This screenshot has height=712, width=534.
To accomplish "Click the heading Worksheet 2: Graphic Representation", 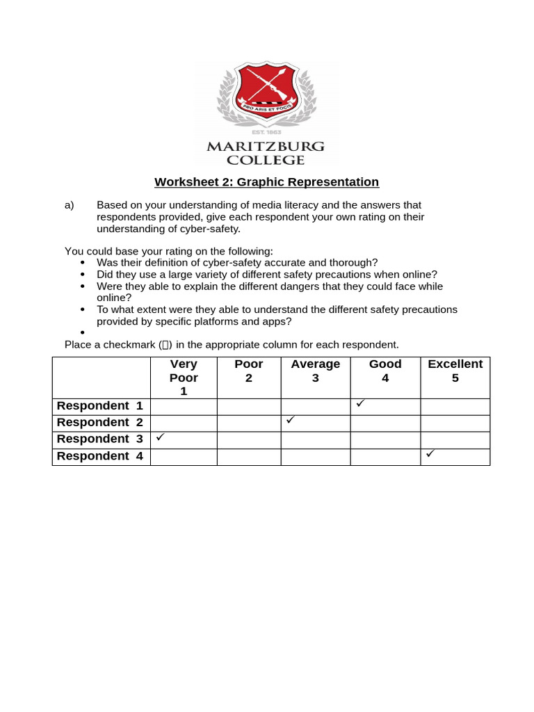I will tap(266, 182).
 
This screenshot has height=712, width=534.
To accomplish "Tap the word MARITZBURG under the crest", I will tap(266, 147).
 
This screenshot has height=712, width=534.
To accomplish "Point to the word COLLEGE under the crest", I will tap(266, 161).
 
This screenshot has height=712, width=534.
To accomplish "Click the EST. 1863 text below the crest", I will tap(266, 131).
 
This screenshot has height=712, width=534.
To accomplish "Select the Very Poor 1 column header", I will tap(184, 378).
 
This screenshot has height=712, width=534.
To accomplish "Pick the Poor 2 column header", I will tap(249, 371).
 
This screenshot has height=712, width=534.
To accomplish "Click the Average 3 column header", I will tap(316, 371).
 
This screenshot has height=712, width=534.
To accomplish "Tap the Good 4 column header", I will tap(385, 371).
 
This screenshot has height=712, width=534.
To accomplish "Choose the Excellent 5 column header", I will tap(455, 371).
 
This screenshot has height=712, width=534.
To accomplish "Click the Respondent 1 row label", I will tap(99, 406).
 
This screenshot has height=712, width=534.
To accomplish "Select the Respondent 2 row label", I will tap(99, 423).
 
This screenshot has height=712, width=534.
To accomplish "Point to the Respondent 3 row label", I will tap(99, 439).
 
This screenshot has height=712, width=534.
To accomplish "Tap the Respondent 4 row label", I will tap(99, 456).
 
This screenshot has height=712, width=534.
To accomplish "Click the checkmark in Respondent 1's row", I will tap(360, 403).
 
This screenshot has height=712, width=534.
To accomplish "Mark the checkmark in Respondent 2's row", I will tap(291, 420).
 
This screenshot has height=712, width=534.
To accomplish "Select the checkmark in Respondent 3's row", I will tap(160, 437).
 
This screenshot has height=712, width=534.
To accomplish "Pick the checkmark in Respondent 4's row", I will tap(430, 453).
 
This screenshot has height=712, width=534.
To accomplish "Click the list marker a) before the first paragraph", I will tap(70, 205).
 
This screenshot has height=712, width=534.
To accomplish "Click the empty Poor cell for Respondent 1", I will tap(249, 407).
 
